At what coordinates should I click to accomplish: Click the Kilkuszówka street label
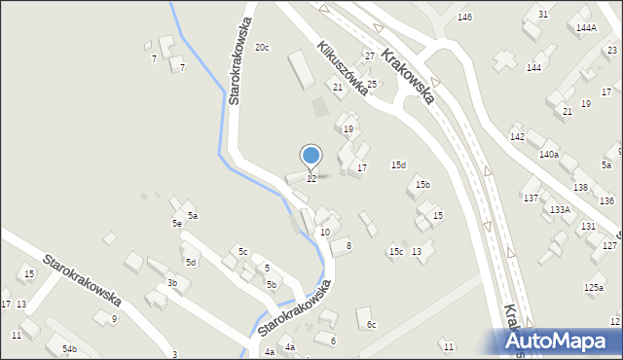pyautogui.click(x=342, y=68)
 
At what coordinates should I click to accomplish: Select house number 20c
pyautogui.click(x=262, y=47)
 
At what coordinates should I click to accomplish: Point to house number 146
pyautogui.click(x=465, y=18)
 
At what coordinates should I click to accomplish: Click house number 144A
pyautogui.click(x=586, y=28)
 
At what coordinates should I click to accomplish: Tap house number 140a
pyautogui.click(x=549, y=154)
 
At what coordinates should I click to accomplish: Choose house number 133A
pyautogui.click(x=560, y=209)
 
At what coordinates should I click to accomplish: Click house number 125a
pyautogui.click(x=594, y=287)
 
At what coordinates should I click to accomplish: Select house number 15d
pyautogui.click(x=398, y=164)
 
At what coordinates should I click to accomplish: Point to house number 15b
pyautogui.click(x=423, y=184)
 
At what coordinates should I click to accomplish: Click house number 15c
pyautogui.click(x=395, y=252)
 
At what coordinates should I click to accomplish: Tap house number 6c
pyautogui.click(x=371, y=324)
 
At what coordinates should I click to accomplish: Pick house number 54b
pyautogui.click(x=69, y=348)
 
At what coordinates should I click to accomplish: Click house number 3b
pyautogui.click(x=171, y=283)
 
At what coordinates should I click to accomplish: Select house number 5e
pyautogui.click(x=177, y=224)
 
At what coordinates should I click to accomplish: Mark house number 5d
pyautogui.click(x=192, y=262)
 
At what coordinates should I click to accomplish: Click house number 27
pyautogui.click(x=370, y=55)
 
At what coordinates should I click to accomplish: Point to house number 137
pyautogui.click(x=531, y=198)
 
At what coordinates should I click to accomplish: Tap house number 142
pyautogui.click(x=517, y=137)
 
